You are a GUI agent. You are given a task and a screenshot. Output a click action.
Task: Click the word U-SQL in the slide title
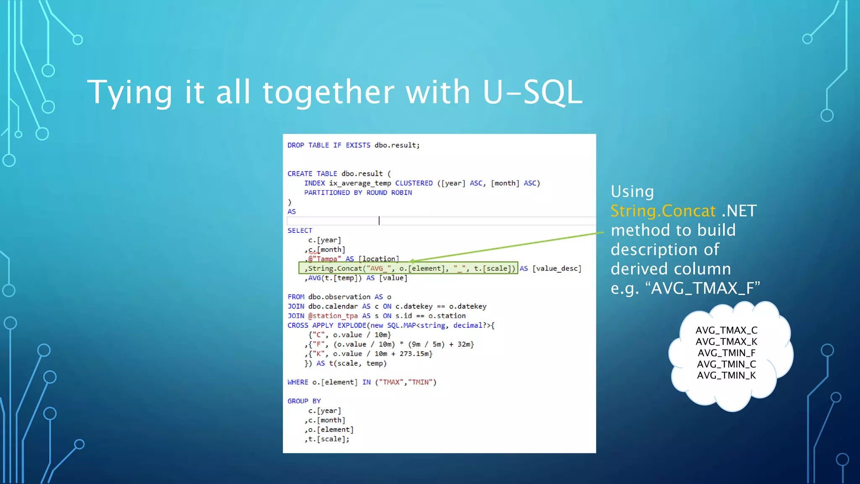[532, 92]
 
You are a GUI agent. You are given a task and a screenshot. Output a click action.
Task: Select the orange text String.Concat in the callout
[663, 211]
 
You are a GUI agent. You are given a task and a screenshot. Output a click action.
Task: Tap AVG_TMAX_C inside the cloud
[726, 330]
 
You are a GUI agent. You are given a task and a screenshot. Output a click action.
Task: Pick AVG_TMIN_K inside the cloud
[726, 375]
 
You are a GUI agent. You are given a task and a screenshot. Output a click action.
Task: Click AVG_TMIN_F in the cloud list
[726, 353]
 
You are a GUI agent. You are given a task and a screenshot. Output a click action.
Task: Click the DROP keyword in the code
[296, 145]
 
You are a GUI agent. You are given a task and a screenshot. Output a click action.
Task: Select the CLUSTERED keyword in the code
[414, 183]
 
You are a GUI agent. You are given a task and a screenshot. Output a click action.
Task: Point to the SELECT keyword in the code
[300, 231]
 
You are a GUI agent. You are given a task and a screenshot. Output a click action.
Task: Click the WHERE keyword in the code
[298, 382]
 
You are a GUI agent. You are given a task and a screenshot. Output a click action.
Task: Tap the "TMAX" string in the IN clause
[391, 382]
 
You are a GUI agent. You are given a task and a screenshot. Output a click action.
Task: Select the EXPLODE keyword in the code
[351, 326]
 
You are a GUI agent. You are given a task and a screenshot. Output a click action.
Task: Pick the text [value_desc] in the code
[556, 268]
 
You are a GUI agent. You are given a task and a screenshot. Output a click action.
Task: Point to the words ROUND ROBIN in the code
[389, 193]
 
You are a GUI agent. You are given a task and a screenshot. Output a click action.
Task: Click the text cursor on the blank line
[379, 221]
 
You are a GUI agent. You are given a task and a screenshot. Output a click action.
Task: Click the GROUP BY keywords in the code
[304, 401]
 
